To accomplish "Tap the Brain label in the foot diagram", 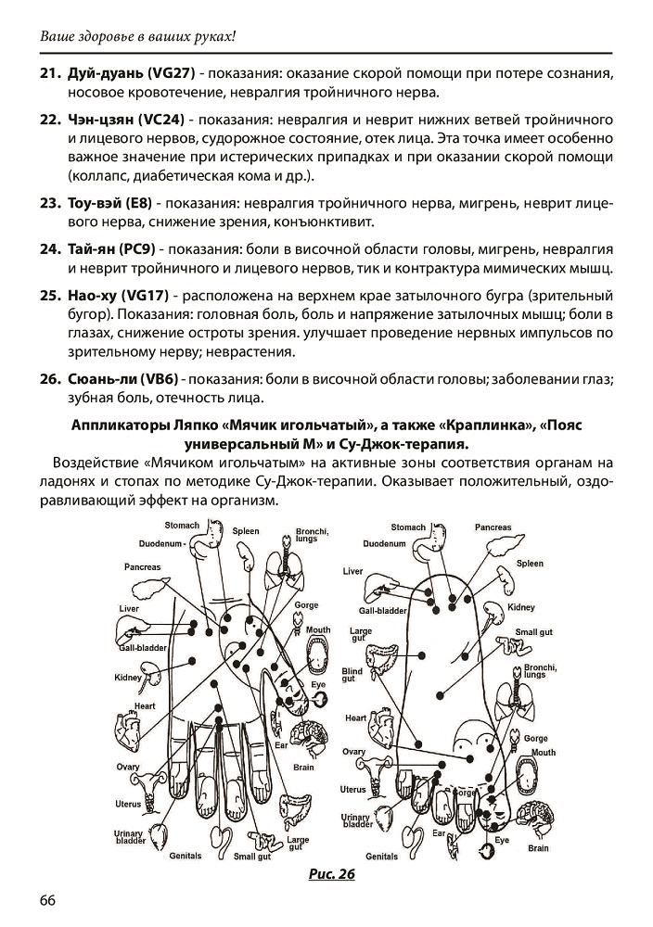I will [x=538, y=848].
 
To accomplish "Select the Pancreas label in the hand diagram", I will [x=142, y=566].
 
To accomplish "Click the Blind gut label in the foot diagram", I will [x=352, y=674].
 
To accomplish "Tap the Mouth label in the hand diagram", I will [x=318, y=630].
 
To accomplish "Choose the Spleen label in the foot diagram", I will [x=530, y=563].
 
